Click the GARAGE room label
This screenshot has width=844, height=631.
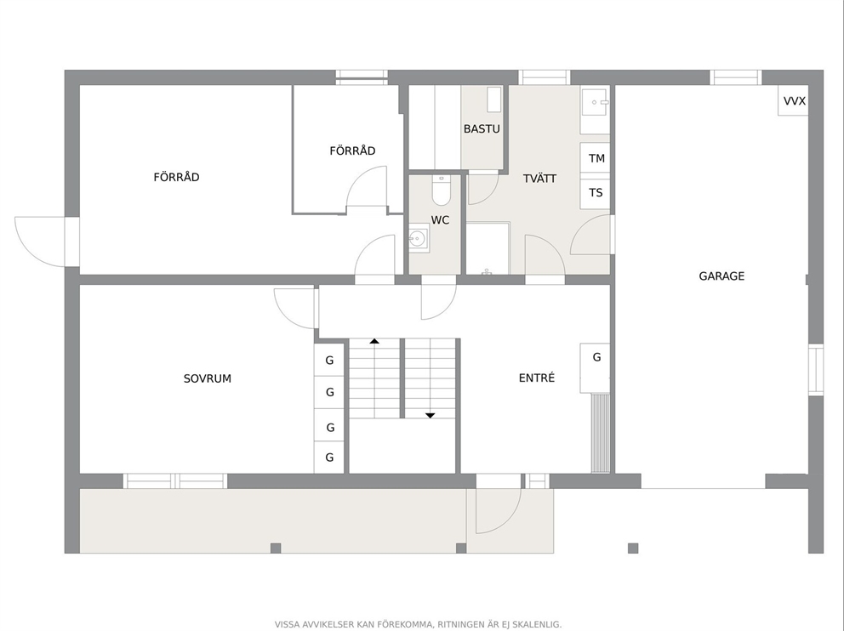click(x=721, y=276)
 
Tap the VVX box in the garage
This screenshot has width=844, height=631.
click(x=793, y=100)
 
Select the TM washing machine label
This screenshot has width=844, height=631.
click(x=596, y=158)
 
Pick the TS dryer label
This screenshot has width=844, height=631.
click(x=596, y=192)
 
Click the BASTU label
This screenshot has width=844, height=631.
click(x=482, y=128)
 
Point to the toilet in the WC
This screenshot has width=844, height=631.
click(x=441, y=190)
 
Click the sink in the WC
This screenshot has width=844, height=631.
click(x=419, y=238)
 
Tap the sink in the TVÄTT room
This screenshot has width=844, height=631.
click(x=595, y=102)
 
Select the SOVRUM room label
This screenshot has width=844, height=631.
click(x=208, y=378)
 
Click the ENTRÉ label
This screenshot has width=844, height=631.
click(x=537, y=378)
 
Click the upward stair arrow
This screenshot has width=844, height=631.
click(x=374, y=341)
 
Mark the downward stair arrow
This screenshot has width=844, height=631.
click(x=430, y=415)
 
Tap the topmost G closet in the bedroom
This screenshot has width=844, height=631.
click(x=329, y=360)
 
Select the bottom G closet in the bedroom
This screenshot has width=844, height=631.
click(x=329, y=458)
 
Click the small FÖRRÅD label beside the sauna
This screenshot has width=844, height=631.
click(x=352, y=151)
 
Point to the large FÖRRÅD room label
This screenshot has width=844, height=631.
click(x=177, y=177)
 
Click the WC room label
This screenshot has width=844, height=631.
click(x=441, y=220)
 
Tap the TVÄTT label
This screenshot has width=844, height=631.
click(x=540, y=178)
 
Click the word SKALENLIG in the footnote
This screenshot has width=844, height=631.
click(x=537, y=624)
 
